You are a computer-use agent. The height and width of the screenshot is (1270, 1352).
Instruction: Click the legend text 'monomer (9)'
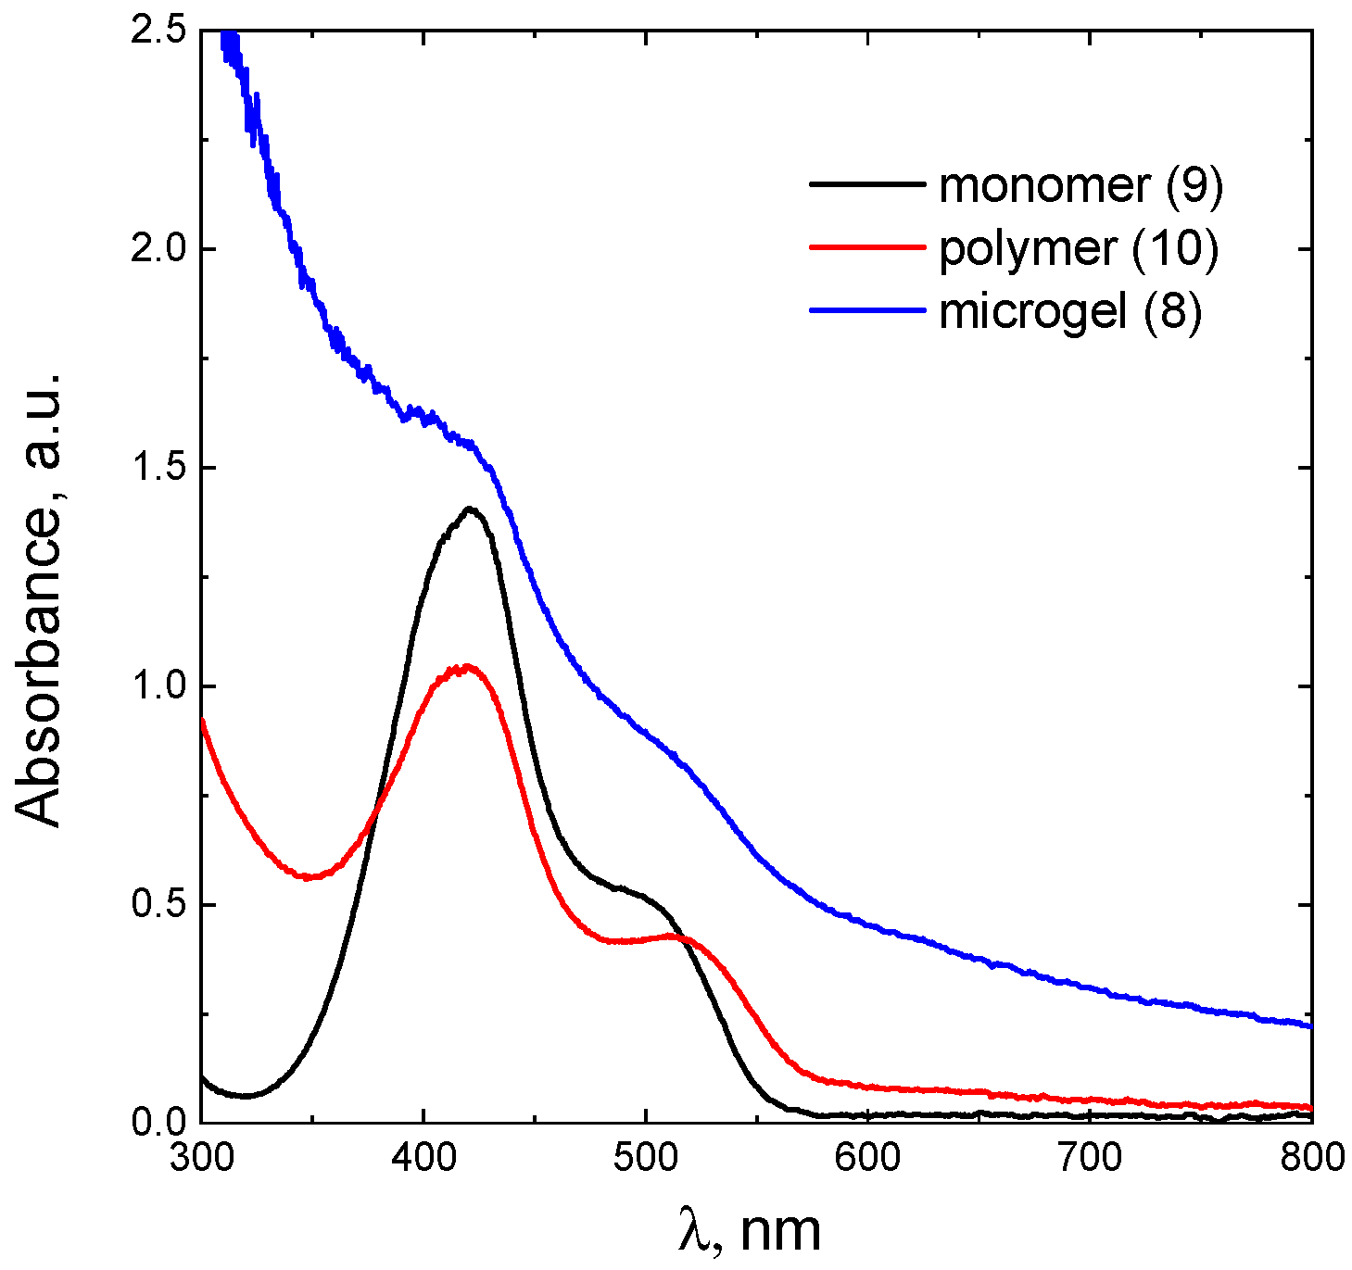click(1080, 185)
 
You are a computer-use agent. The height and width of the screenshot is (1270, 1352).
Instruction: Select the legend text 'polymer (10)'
click(1079, 249)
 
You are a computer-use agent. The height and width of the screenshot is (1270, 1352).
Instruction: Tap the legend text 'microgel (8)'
click(1070, 312)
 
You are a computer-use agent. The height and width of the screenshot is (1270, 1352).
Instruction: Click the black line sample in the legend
click(867, 184)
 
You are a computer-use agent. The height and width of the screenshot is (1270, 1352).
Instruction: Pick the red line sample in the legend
click(867, 247)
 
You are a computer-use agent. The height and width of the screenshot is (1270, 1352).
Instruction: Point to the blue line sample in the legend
click(867, 310)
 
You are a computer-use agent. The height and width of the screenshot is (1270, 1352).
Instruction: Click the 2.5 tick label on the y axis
click(158, 31)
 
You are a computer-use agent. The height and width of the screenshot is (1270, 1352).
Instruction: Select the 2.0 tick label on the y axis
click(158, 250)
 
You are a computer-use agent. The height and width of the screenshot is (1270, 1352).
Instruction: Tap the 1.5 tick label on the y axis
click(158, 469)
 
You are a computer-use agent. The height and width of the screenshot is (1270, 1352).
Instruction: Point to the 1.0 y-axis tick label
click(158, 687)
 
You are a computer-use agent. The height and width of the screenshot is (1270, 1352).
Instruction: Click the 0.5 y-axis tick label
click(158, 905)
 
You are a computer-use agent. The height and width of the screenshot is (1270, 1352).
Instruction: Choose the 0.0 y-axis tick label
click(158, 1123)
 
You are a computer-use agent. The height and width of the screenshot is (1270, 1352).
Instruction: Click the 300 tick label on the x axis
click(201, 1157)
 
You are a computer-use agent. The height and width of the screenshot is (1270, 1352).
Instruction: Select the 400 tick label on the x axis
click(423, 1157)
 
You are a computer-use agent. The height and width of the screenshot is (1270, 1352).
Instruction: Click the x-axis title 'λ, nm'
click(749, 1230)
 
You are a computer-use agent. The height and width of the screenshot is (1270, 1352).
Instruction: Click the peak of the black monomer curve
click(470, 509)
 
